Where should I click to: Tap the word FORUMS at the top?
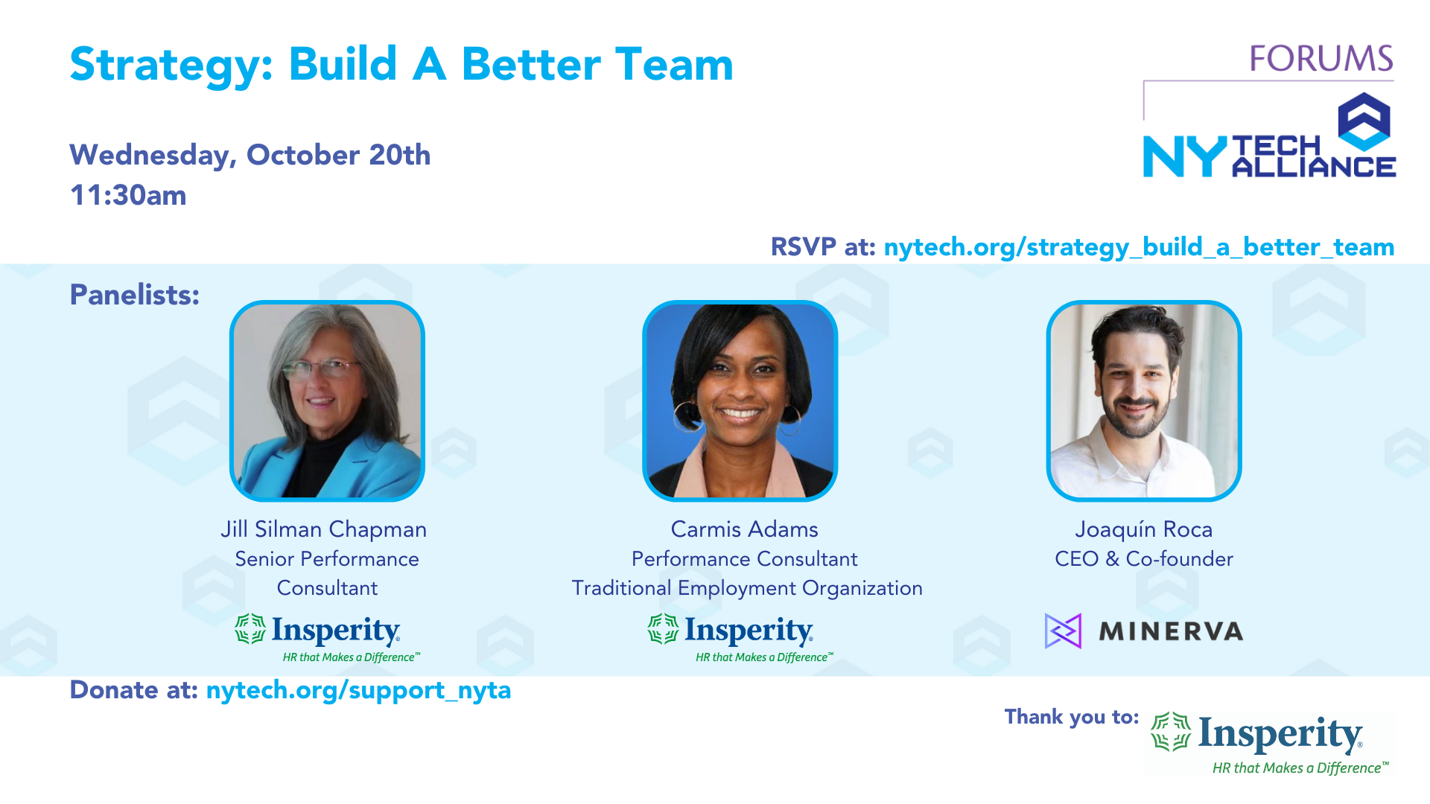click(1321, 59)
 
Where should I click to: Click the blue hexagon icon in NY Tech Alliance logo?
click(1364, 121)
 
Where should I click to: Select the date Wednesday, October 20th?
click(250, 156)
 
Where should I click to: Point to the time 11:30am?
click(128, 195)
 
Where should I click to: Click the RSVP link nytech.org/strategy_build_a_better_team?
click(1139, 247)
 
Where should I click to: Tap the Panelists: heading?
click(135, 295)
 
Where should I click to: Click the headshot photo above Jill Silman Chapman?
click(327, 401)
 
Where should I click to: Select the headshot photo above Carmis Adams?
click(740, 401)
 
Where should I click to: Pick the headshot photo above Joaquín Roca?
click(1144, 401)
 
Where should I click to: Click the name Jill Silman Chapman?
click(324, 529)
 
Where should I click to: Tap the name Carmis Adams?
click(745, 529)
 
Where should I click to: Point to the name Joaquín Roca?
click(1144, 529)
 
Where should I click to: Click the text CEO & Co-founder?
click(1144, 559)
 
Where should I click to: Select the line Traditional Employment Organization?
click(747, 588)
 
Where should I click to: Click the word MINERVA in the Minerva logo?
click(1171, 632)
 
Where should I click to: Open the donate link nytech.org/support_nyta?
click(358, 691)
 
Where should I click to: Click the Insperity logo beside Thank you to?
click(1270, 744)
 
